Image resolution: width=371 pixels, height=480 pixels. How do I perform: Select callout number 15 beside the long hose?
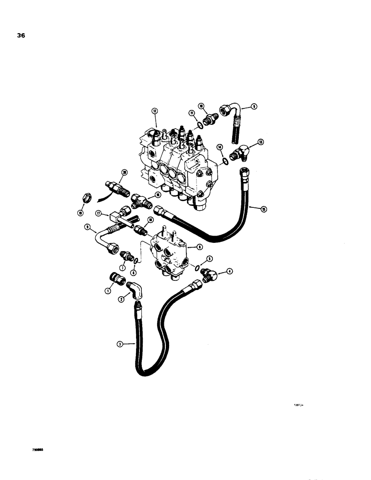tap(263, 209)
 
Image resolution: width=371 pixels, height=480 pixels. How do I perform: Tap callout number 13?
tap(260, 142)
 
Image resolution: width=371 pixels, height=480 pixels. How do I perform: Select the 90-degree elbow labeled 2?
tap(135, 291)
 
